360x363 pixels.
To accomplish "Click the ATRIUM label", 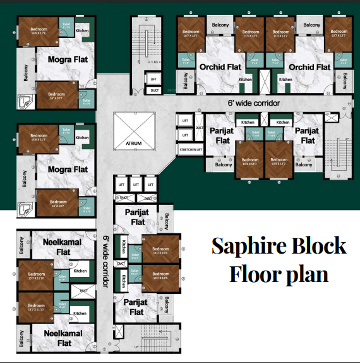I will point(133,144).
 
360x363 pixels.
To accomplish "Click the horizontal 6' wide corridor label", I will point(254,102).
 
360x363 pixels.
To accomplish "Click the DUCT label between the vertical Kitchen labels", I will point(122,262).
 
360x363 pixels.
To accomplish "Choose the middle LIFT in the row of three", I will point(135,184).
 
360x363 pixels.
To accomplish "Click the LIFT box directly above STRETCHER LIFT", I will point(184,135).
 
